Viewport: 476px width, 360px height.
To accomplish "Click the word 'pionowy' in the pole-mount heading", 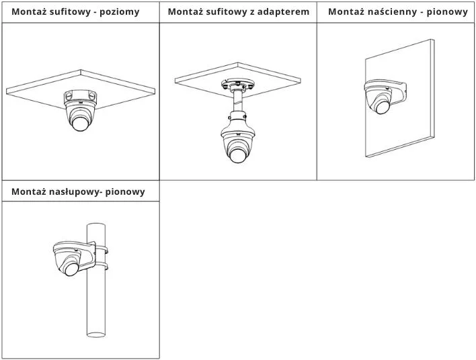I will pyautogui.click(x=125, y=191).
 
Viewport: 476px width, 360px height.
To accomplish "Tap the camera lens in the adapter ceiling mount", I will pyautogui.click(x=237, y=154).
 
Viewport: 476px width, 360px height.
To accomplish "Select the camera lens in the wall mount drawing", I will pyautogui.click(x=383, y=105).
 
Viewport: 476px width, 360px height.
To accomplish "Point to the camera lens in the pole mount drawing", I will pyautogui.click(x=70, y=269).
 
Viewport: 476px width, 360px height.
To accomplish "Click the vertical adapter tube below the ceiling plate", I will pyautogui.click(x=237, y=103).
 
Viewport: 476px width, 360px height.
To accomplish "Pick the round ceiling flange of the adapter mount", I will pyautogui.click(x=237, y=85).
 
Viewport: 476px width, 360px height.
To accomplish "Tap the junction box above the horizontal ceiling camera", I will pyautogui.click(x=79, y=97).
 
